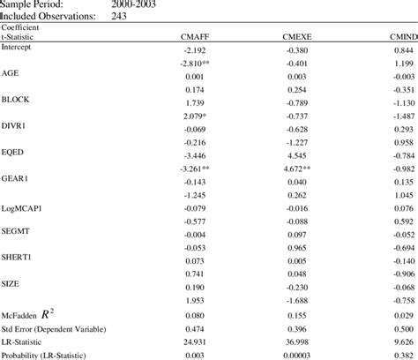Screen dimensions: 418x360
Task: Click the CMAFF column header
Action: point(195,37)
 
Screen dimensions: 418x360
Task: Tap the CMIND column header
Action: point(400,37)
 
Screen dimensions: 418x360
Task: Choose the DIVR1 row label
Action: point(15,125)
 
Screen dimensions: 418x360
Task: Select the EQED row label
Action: point(13,151)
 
